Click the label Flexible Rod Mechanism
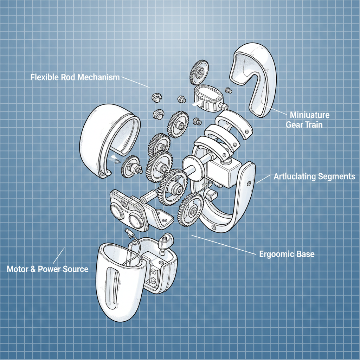pos(75,77)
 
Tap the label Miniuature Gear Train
pos(308,120)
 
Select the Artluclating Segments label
pos(314,176)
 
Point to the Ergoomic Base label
pos(287,254)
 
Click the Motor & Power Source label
pos(47,269)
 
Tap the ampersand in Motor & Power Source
pos(33,269)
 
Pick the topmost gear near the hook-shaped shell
pos(199,72)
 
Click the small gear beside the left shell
pos(130,167)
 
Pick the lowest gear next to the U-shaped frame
pos(191,210)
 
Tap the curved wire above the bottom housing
pos(134,248)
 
